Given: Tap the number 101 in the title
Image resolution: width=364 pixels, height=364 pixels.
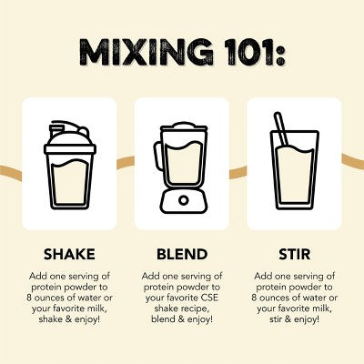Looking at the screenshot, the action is point(247,52).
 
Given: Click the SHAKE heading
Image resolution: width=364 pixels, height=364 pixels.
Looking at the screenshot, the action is point(69,254).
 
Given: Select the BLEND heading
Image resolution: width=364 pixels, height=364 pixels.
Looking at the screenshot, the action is point(182,254).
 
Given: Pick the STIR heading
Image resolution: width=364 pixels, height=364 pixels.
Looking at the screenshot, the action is point(295,254).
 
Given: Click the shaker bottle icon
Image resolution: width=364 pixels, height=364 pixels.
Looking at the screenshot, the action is point(70,166).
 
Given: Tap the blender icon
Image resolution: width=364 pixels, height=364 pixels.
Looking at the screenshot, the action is point(182,167).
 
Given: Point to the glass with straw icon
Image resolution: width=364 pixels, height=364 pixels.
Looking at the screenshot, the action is point(295,161).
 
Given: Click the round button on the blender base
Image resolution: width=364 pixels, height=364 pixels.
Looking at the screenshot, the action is point(184,200).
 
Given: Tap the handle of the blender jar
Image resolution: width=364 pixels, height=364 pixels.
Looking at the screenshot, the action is point(157,157).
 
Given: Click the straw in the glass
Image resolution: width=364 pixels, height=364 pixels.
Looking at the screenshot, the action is point(281,129).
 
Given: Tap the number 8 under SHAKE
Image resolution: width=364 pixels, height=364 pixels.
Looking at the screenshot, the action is point(29,298).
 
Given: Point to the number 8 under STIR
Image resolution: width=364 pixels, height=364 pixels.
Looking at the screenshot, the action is point(254,298).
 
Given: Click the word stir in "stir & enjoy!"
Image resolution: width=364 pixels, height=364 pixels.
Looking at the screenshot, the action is point(276,319).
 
